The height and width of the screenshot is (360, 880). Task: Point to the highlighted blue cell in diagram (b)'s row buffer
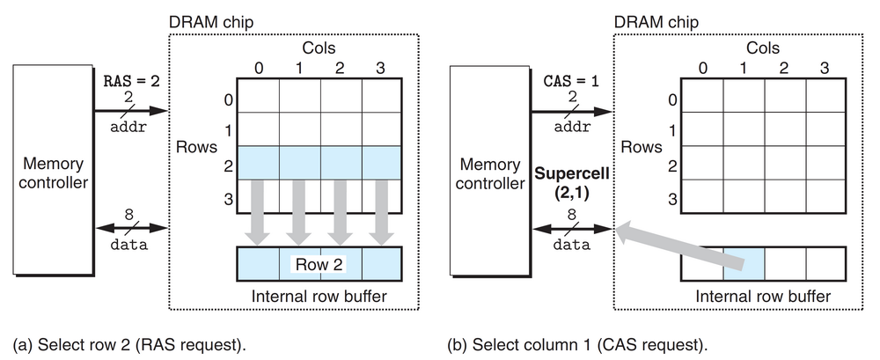tap(744, 261)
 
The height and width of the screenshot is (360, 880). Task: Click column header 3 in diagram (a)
tap(380, 66)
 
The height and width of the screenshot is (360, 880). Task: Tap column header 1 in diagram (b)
tap(744, 66)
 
